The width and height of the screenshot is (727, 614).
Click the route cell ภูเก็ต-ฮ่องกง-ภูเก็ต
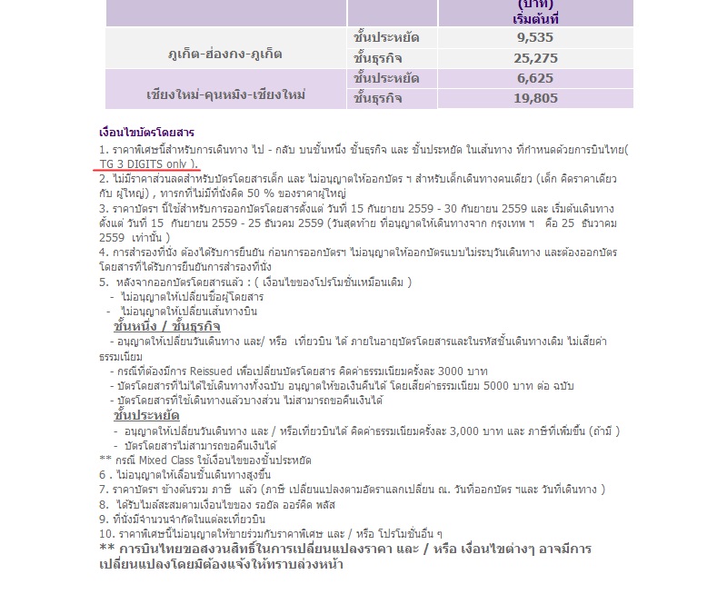pyautogui.click(x=225, y=54)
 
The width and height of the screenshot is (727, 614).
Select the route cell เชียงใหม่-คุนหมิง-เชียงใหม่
pyautogui.click(x=225, y=94)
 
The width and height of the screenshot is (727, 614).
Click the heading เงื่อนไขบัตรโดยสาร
pyautogui.click(x=146, y=133)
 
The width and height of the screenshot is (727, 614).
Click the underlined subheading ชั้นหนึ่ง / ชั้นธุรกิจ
pyautogui.click(x=167, y=326)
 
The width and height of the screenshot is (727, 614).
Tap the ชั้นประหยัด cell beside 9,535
pyautogui.click(x=385, y=38)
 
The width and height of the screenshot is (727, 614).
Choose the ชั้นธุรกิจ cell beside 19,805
pyautogui.click(x=377, y=99)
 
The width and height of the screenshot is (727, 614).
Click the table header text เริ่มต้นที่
pyautogui.click(x=535, y=18)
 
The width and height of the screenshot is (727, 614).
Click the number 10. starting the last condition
pyautogui.click(x=106, y=533)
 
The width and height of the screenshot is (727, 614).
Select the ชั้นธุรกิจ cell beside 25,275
pyautogui.click(x=377, y=58)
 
